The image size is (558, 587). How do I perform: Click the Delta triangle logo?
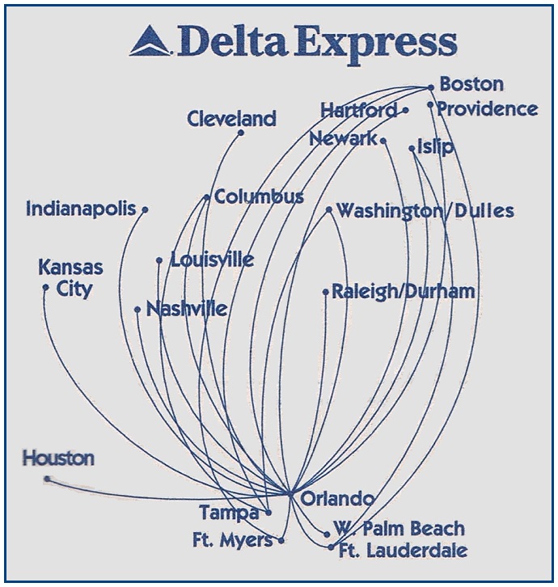pos(150,41)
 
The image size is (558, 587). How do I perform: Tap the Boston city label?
pos(471,84)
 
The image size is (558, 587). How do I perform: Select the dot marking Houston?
pos(47,479)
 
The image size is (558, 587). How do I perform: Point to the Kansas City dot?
pos(45,286)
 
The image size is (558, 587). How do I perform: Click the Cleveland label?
pos(231,119)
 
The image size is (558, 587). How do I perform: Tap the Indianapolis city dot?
pos(145,209)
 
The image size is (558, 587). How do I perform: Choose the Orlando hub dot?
pos(290,492)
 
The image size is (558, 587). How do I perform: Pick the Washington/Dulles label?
pos(425,211)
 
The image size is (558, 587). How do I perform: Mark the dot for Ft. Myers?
pos(281,540)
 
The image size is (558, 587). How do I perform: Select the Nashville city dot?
pos(137,309)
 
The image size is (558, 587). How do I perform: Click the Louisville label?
pos(212,260)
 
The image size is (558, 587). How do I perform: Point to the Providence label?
pos(488,108)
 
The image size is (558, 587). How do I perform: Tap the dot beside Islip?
pos(412,149)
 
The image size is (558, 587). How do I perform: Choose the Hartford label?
pos(358,109)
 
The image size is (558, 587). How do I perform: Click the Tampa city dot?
pos(268,512)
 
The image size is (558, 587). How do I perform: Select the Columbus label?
pos(259,196)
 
